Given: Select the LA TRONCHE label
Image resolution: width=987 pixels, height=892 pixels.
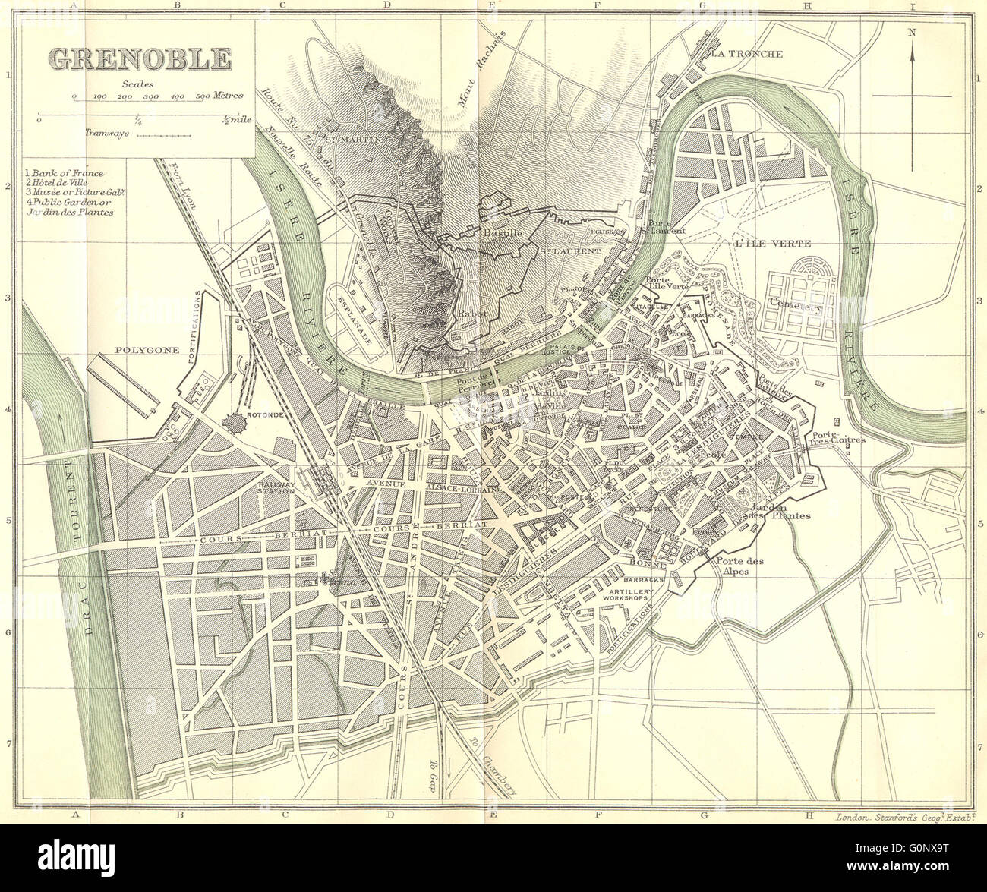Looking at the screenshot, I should (746, 54).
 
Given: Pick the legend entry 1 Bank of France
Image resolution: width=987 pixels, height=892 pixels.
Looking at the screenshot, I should (65, 174).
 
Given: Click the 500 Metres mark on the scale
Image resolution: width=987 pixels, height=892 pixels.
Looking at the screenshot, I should (203, 97).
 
